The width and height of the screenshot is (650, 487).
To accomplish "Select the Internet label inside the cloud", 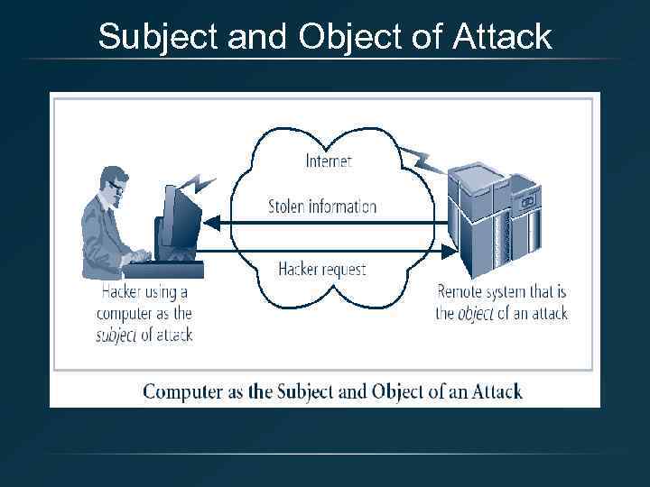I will coord(329,161).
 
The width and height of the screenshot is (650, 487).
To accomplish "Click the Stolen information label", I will coord(322,206).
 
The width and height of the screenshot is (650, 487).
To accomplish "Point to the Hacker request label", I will coord(322,268).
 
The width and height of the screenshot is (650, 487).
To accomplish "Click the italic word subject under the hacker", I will coord(116,335).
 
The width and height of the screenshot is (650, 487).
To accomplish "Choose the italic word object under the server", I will coord(475,314).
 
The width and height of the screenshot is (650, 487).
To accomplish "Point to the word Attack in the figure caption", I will coord(497,391).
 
